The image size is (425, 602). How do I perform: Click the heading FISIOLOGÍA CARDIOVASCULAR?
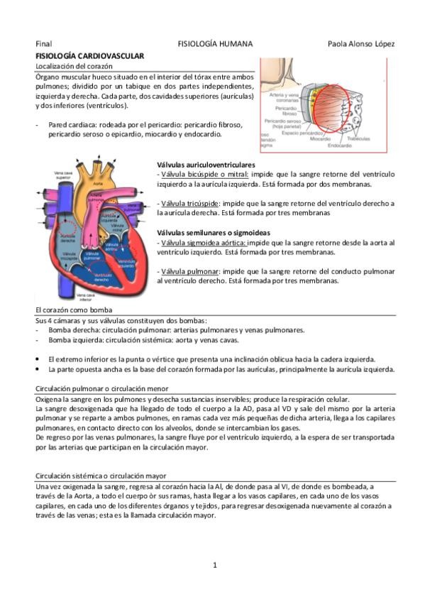point(89,55)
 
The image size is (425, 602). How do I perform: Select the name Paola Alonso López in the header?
point(361,44)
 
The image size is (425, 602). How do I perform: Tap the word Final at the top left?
point(44,44)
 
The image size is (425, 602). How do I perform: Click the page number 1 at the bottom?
point(214,565)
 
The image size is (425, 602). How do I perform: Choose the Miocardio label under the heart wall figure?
point(320,139)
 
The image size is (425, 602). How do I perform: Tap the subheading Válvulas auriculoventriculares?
point(206,165)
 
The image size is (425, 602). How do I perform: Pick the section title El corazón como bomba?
point(73,310)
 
